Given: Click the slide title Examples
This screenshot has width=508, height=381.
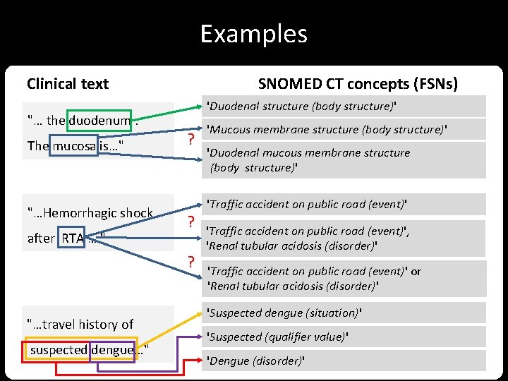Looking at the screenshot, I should click(253, 34).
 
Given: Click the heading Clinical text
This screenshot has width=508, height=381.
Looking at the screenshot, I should click(68, 84).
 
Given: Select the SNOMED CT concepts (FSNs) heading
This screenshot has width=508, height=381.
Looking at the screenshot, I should click(358, 84).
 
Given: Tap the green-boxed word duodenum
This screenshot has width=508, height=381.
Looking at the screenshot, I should click(99, 121).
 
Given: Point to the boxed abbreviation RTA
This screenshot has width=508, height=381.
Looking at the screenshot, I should click(73, 238).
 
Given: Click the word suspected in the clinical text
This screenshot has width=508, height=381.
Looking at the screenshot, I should click(59, 350).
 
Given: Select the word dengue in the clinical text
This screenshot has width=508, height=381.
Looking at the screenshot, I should click(112, 350).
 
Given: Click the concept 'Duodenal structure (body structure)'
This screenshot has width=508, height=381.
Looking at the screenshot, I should click(301, 107).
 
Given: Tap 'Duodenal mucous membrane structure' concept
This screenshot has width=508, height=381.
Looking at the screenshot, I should click(308, 152).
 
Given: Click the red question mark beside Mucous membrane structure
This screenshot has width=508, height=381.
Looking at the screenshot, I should click(190, 139).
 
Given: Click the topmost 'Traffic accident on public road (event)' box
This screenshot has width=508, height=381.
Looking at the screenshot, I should click(306, 204).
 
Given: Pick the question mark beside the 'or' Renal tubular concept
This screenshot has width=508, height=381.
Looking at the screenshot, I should click(190, 263).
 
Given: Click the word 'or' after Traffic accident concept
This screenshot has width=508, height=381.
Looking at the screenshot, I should click(416, 271).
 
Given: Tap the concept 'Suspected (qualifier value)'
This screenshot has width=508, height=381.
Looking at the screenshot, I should click(277, 337).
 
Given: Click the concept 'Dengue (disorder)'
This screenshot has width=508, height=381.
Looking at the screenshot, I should click(255, 361).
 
